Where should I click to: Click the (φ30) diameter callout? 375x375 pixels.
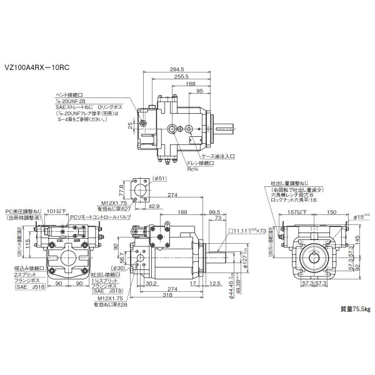pyautogui.click(x=137, y=268)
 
